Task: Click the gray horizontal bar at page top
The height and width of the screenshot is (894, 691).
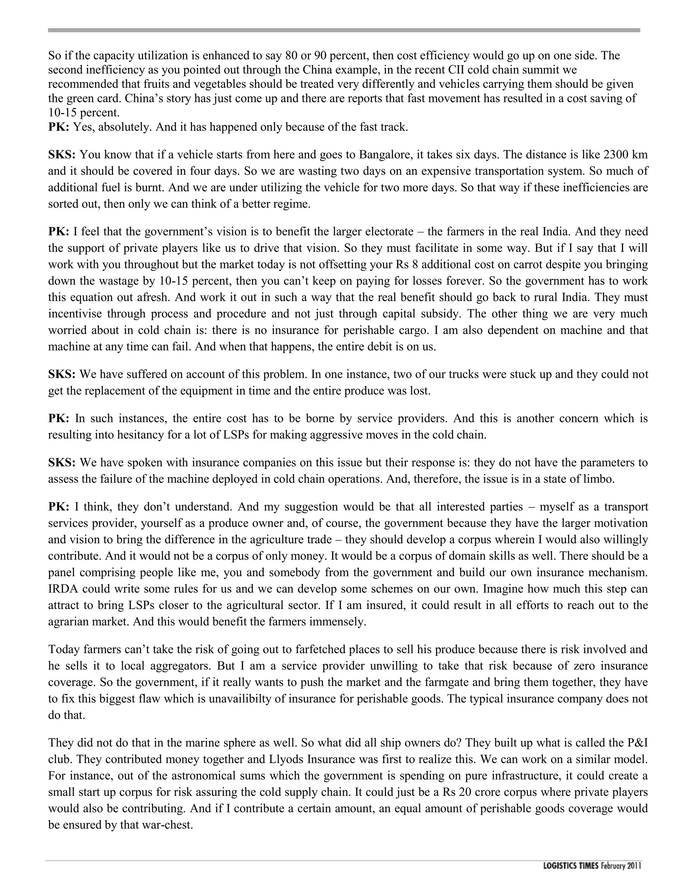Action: coord(344,30)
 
